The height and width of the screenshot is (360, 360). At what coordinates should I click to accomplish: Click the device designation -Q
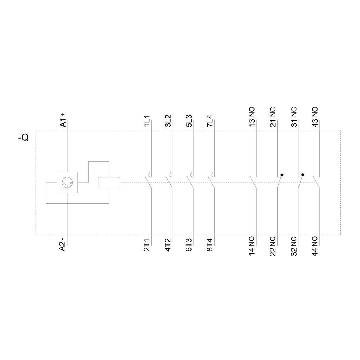pyautogui.click(x=23, y=138)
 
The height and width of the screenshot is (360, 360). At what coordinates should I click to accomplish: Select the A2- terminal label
pyautogui.click(x=63, y=244)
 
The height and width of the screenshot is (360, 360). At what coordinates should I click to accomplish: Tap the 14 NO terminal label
pyautogui.click(x=252, y=246)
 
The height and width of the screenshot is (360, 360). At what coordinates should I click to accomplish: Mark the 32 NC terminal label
pyautogui.click(x=294, y=246)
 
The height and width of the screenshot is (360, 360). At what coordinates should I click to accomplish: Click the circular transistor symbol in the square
pyautogui.click(x=67, y=183)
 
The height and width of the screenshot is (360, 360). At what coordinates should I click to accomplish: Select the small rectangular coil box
pyautogui.click(x=109, y=183)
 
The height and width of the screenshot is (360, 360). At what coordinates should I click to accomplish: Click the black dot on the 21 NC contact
pyautogui.click(x=282, y=175)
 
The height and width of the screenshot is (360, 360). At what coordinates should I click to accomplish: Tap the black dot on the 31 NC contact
pyautogui.click(x=303, y=175)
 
